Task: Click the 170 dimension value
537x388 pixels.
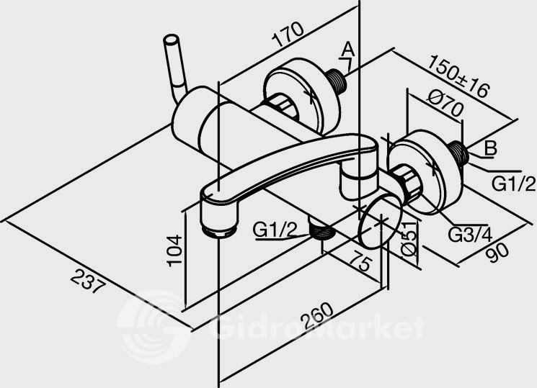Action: (x=288, y=35)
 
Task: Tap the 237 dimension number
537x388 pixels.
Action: (x=87, y=281)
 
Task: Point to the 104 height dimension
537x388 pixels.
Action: (x=174, y=250)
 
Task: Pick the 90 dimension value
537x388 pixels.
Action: (x=497, y=252)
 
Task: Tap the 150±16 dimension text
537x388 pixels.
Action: (x=458, y=76)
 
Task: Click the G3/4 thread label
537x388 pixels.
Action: (x=470, y=235)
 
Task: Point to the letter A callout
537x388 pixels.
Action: (x=348, y=49)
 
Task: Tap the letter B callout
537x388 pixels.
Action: (x=490, y=148)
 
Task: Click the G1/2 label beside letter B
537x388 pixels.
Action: (x=513, y=184)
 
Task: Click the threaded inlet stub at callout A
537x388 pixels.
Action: (x=337, y=81)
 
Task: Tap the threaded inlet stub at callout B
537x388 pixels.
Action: (x=459, y=152)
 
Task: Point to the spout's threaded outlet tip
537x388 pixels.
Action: (x=218, y=231)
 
